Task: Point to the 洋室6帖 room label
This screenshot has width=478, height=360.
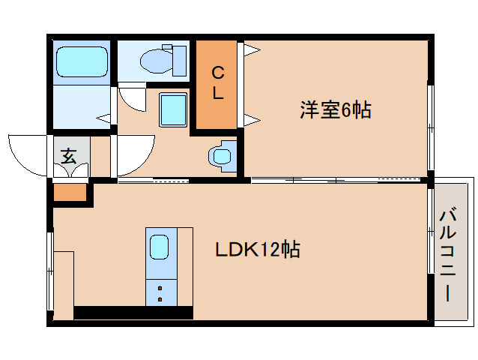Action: click(336, 110)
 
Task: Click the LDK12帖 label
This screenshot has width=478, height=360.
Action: click(258, 250)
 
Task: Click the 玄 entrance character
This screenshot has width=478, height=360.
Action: click(68, 156)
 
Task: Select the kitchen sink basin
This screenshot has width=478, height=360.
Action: click(160, 247)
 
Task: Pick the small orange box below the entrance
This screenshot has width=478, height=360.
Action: click(70, 193)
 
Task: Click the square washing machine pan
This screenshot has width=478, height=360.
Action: click(173, 109)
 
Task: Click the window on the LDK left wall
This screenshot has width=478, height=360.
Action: click(50, 270)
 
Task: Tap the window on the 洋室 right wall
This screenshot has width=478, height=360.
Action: click(430, 127)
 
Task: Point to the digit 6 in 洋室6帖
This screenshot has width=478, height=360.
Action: click(345, 110)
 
